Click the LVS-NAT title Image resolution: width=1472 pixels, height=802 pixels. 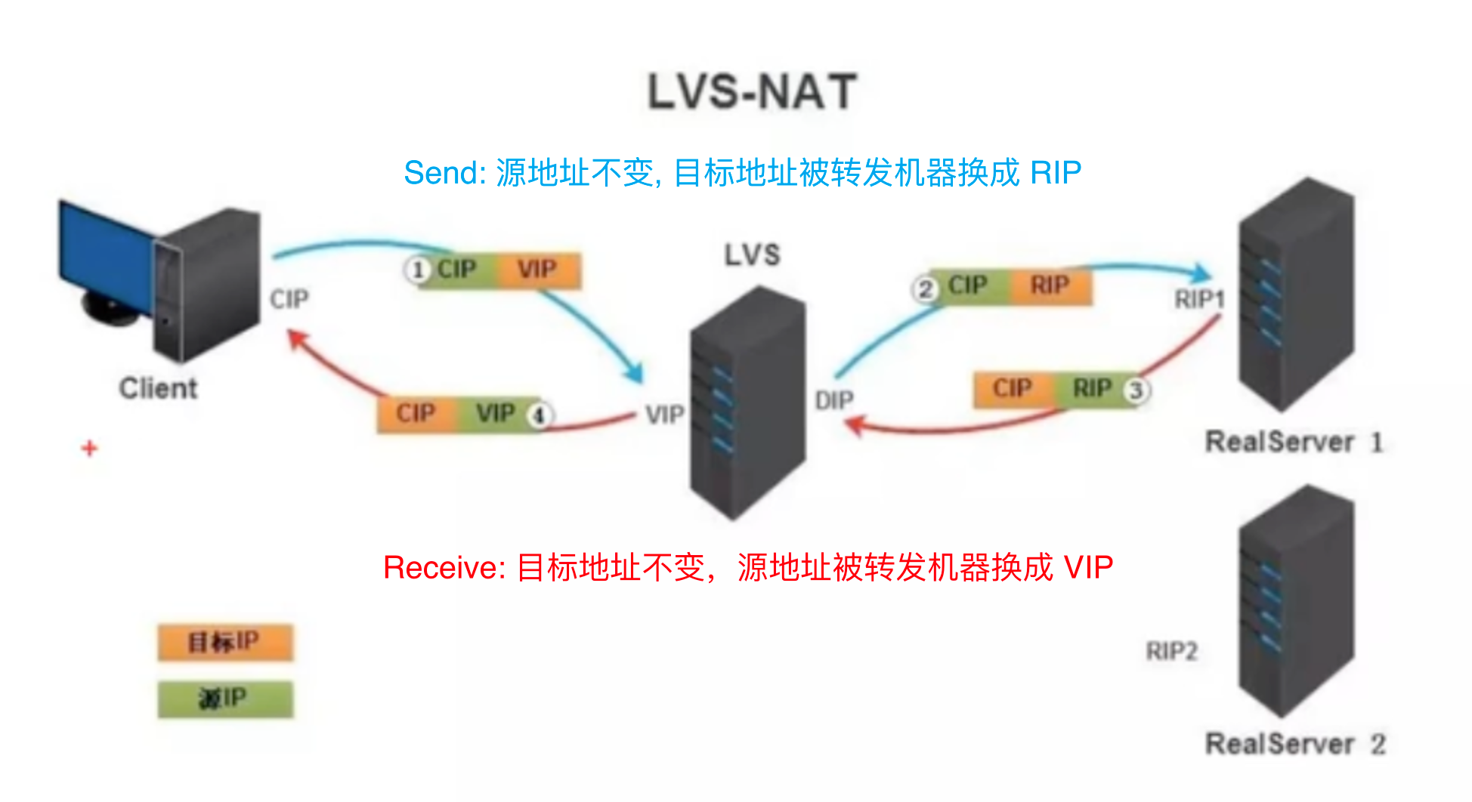click(x=752, y=92)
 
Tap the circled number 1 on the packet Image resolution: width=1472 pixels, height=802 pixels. click(x=417, y=270)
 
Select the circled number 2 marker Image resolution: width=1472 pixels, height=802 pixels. click(x=925, y=288)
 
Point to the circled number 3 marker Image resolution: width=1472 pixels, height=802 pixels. click(x=1135, y=390)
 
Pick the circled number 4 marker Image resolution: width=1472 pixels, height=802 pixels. click(x=540, y=415)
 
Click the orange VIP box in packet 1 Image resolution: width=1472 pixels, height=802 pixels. click(x=537, y=270)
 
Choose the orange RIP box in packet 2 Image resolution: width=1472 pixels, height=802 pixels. click(x=1050, y=285)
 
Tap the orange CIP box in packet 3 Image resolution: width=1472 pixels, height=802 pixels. click(x=1011, y=389)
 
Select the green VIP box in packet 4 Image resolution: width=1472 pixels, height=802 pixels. click(x=495, y=414)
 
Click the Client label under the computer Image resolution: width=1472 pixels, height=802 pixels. click(x=158, y=388)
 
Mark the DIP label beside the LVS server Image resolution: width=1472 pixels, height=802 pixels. click(x=834, y=400)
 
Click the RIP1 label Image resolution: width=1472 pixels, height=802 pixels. click(x=1198, y=300)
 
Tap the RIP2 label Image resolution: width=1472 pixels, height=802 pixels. click(x=1171, y=651)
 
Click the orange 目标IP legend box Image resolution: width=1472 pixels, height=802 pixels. click(x=224, y=643)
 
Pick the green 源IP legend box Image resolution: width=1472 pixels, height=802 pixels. click(x=224, y=699)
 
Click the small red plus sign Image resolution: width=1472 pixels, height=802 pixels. click(x=90, y=449)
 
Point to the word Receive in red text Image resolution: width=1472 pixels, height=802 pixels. click(x=443, y=568)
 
